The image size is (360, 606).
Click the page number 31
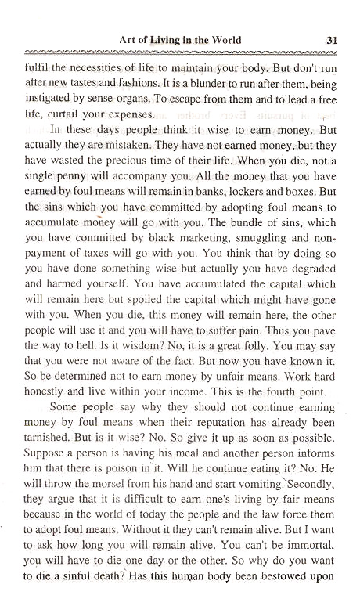click(330, 39)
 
